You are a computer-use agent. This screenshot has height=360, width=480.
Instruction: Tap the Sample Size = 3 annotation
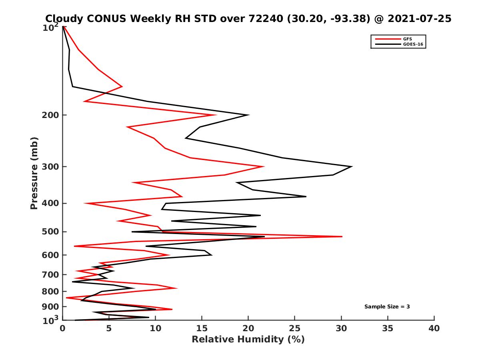387,307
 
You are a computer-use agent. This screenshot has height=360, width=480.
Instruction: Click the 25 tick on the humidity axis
295,329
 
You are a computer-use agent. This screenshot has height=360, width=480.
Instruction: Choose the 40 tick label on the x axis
434,329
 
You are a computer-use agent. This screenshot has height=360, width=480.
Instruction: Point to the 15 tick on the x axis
202,329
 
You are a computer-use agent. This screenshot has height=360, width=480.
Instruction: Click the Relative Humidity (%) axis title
248,340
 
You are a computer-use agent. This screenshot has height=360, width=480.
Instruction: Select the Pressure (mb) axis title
34,173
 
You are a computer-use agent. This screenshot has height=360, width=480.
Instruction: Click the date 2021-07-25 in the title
423,18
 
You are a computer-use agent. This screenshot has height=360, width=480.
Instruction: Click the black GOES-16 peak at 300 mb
352,166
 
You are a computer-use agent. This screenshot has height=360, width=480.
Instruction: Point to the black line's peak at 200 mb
249,115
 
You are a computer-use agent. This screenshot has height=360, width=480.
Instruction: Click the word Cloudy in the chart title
65,18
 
